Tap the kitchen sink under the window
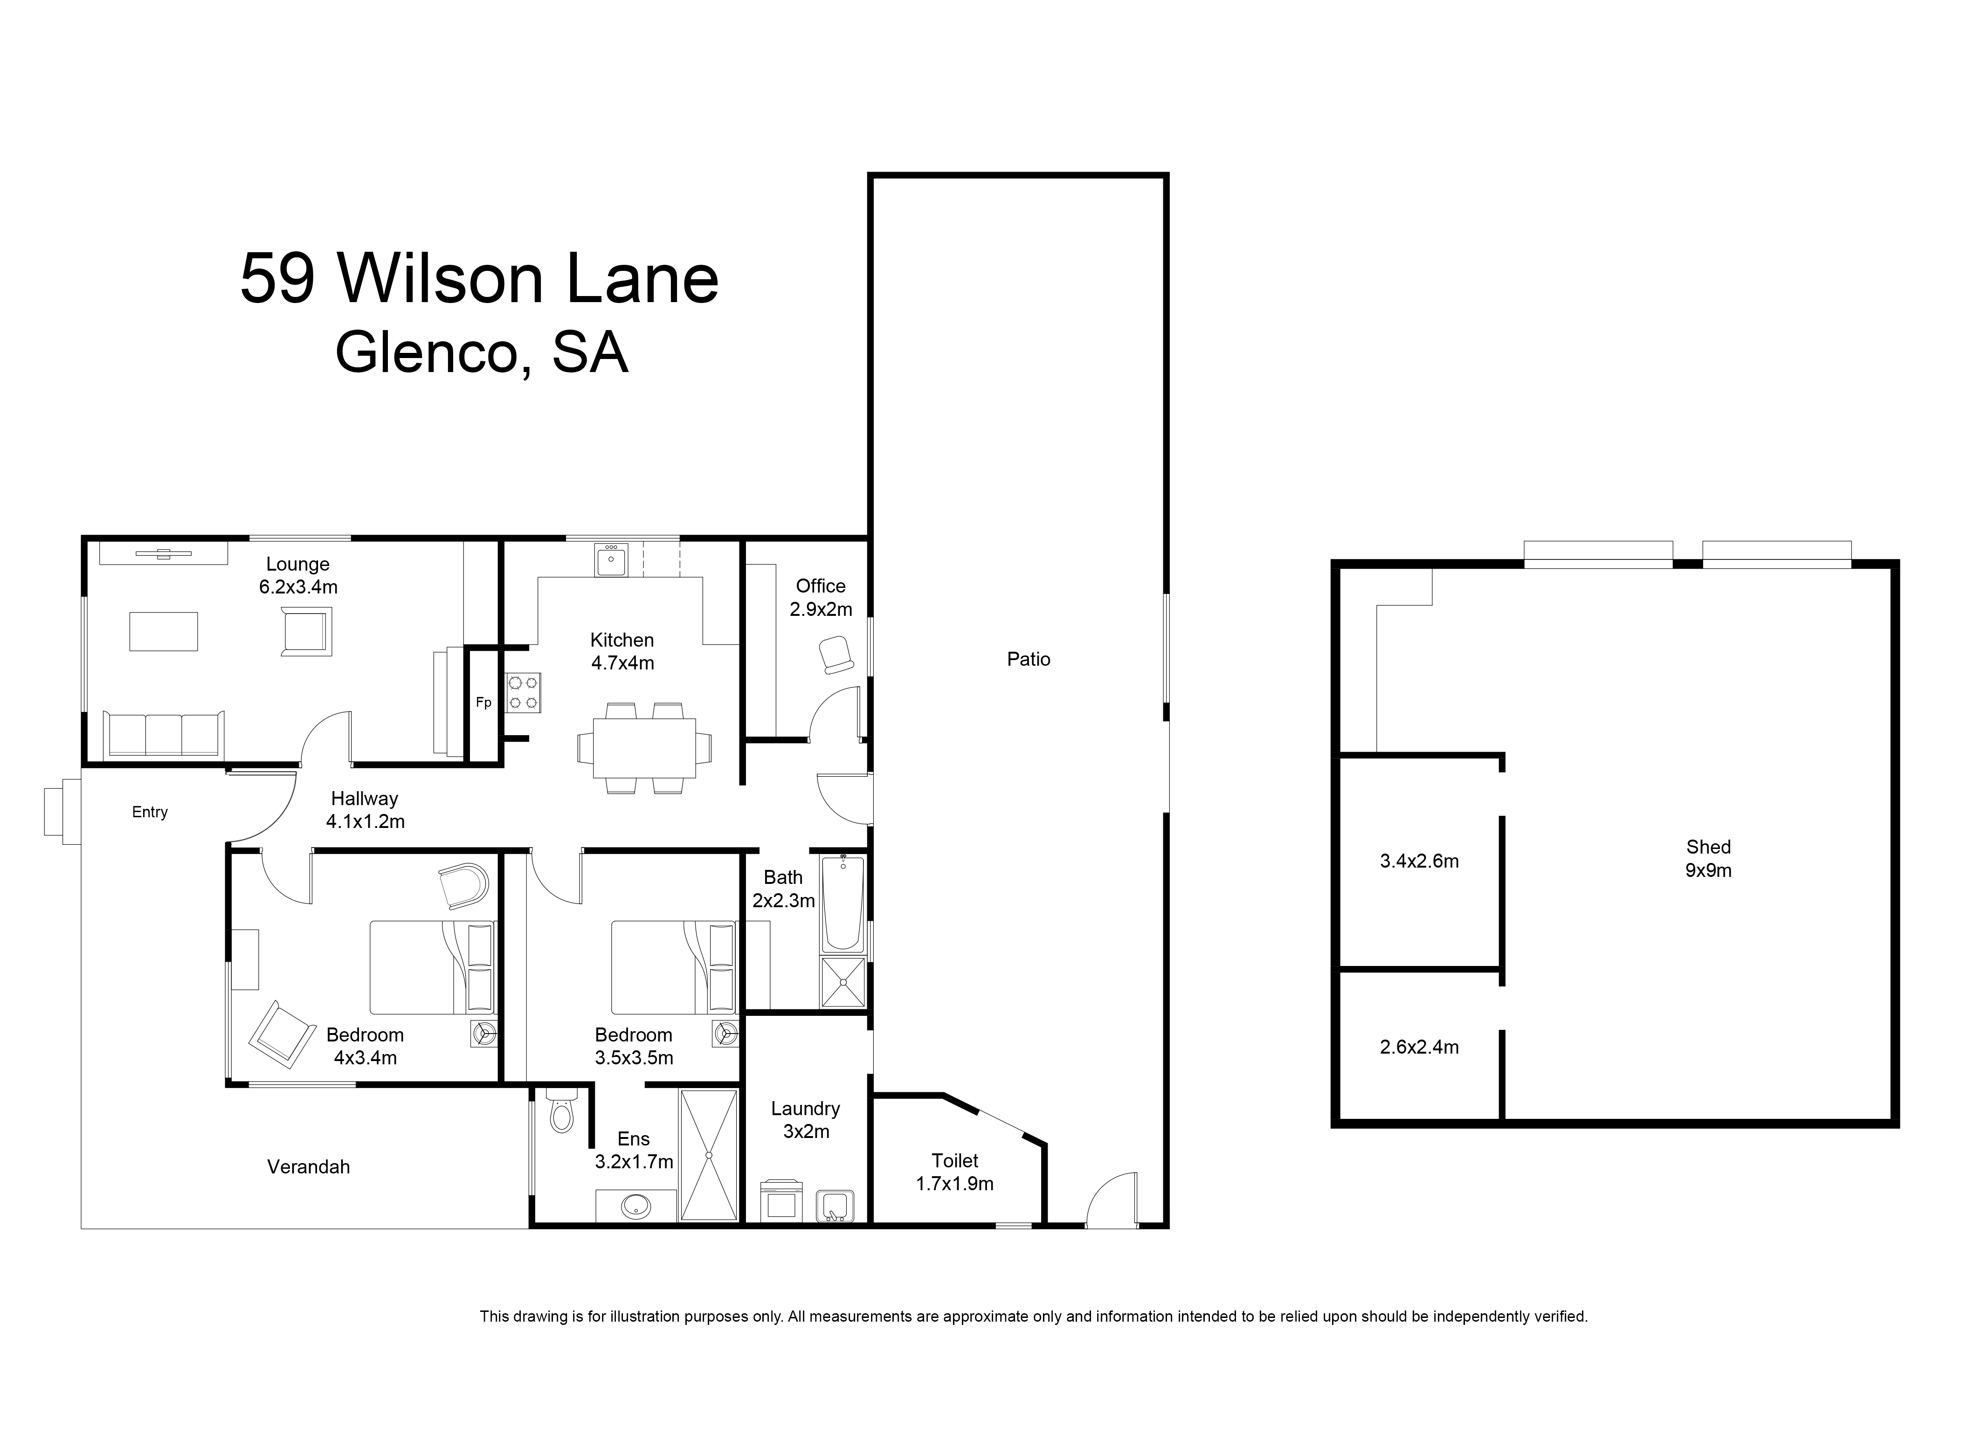pos(611,560)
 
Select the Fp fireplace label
pos(483,702)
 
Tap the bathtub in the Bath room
pos(842,903)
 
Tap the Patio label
pos(1029,660)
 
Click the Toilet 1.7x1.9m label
pos(954,1172)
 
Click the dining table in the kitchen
pos(644,748)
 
